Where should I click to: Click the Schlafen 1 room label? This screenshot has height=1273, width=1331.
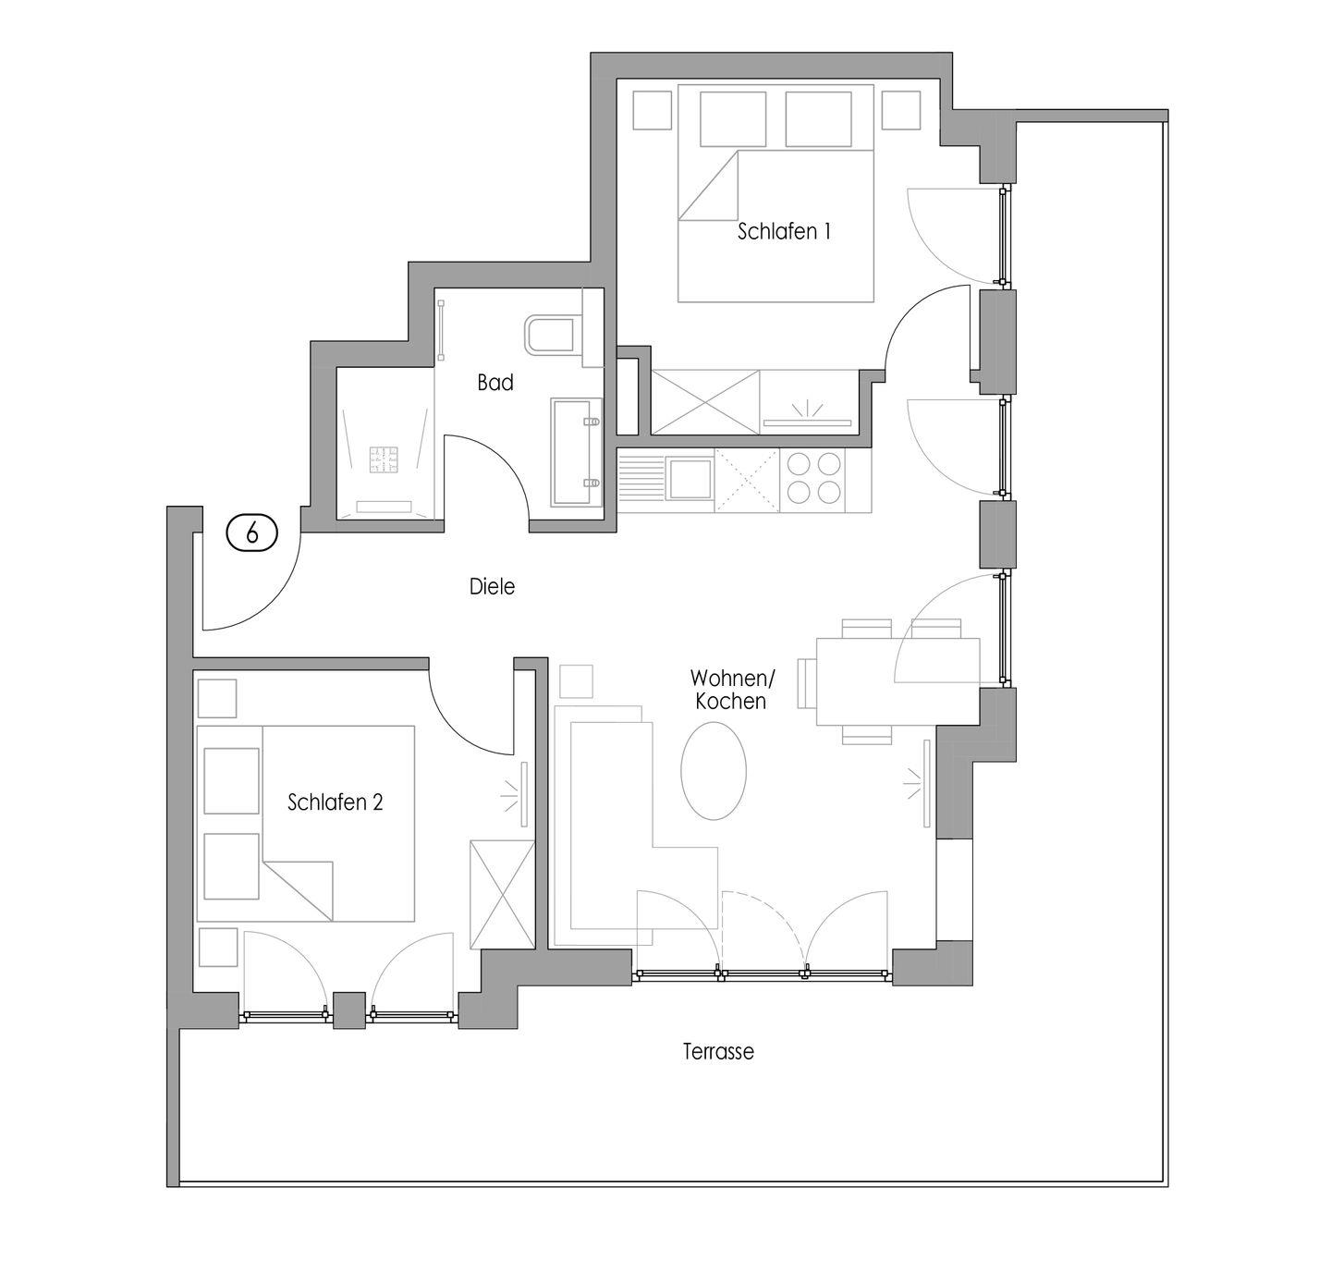pyautogui.click(x=784, y=231)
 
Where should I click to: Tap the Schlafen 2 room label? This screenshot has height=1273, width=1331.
pyautogui.click(x=336, y=802)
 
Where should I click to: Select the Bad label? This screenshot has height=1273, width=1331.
pyautogui.click(x=495, y=383)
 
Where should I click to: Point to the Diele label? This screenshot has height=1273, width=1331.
pyautogui.click(x=492, y=586)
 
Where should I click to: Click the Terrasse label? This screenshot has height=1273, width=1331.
pyautogui.click(x=718, y=1051)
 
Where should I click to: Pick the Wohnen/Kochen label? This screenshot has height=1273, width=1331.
pyautogui.click(x=731, y=690)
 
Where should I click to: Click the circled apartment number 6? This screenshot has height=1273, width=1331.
pyautogui.click(x=252, y=532)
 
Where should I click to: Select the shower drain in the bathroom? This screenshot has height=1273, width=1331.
pyautogui.click(x=385, y=459)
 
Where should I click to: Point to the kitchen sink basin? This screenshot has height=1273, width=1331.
pyautogui.click(x=690, y=478)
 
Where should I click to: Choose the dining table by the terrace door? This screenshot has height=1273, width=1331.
pyautogui.click(x=898, y=681)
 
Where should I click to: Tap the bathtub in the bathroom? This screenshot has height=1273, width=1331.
pyautogui.click(x=577, y=452)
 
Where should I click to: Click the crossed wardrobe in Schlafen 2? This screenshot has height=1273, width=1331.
pyautogui.click(x=503, y=894)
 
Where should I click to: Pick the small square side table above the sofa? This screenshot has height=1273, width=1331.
pyautogui.click(x=576, y=681)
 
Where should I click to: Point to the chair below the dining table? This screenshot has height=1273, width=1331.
pyautogui.click(x=867, y=735)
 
